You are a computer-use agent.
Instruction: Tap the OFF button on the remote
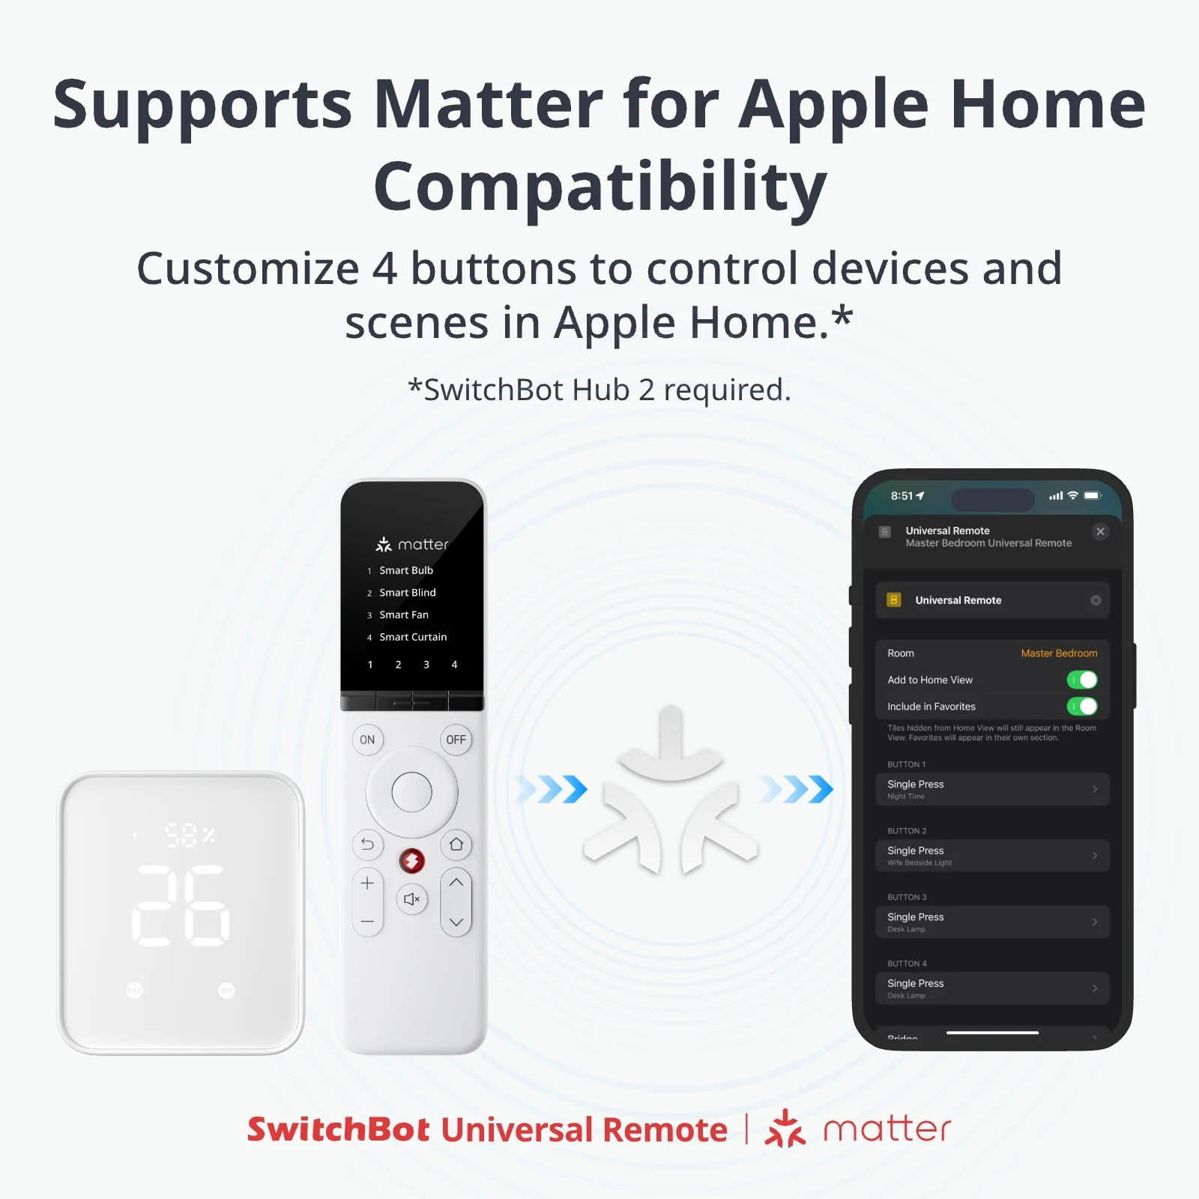[x=456, y=740]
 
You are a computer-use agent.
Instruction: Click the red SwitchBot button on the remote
[x=411, y=861]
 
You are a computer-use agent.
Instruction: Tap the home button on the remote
[x=456, y=845]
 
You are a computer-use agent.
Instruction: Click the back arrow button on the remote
[x=367, y=845]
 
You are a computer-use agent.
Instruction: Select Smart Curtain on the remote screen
[x=412, y=637]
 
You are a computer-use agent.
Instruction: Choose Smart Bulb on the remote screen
[x=405, y=570]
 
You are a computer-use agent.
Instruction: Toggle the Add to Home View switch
[x=1081, y=680]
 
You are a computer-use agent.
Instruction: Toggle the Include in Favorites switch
[x=1081, y=706]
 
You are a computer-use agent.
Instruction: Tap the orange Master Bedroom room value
[x=1058, y=653]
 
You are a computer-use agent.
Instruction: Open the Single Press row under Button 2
[x=991, y=855]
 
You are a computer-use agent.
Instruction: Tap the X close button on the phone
[x=1100, y=531]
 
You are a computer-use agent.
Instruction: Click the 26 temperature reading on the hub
[x=181, y=905]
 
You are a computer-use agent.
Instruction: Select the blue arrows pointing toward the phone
[x=797, y=789]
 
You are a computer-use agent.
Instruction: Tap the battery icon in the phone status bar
[x=1093, y=495]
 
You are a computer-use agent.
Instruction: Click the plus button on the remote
[x=367, y=884]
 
